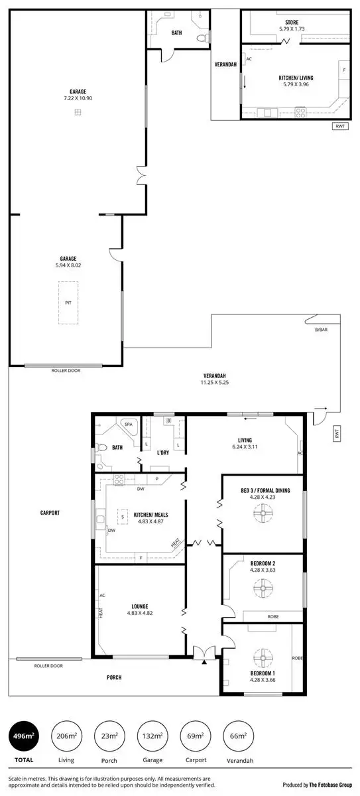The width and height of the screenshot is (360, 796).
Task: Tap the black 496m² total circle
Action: (x=23, y=736)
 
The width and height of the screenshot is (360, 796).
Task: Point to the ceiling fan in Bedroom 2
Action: (x=263, y=588)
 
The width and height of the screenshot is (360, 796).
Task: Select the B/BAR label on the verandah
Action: (x=321, y=330)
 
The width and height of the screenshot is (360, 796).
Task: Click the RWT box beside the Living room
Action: (x=336, y=434)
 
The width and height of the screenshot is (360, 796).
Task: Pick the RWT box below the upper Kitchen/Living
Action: (x=339, y=127)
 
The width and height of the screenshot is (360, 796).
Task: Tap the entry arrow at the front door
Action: (x=204, y=661)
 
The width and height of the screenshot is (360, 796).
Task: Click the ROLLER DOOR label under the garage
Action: (x=66, y=371)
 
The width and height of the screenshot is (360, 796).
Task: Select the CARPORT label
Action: (x=50, y=513)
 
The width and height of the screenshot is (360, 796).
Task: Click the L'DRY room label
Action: (x=163, y=453)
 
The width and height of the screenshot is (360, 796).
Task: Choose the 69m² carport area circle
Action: (x=196, y=736)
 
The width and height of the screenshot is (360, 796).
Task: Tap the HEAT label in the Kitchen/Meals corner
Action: (x=176, y=543)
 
